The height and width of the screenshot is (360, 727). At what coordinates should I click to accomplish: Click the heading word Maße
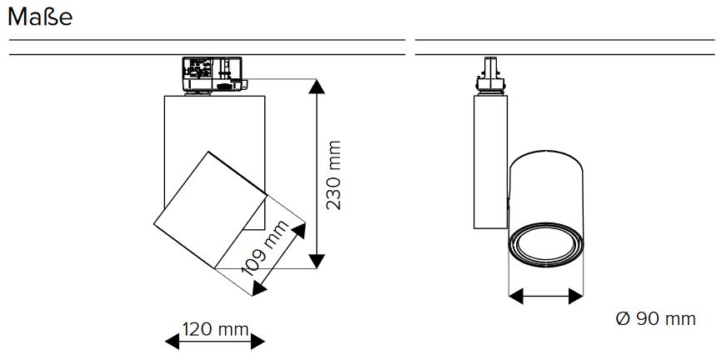pyautogui.click(x=39, y=17)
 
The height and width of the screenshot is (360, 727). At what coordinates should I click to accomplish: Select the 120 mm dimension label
pyautogui.click(x=216, y=329)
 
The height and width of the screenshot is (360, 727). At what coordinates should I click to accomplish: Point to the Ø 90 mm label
pyautogui.click(x=654, y=319)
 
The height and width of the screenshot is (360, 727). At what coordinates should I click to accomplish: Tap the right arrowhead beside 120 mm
pyautogui.click(x=258, y=339)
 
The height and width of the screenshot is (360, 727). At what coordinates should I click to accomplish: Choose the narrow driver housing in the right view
pyautogui.click(x=489, y=158)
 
